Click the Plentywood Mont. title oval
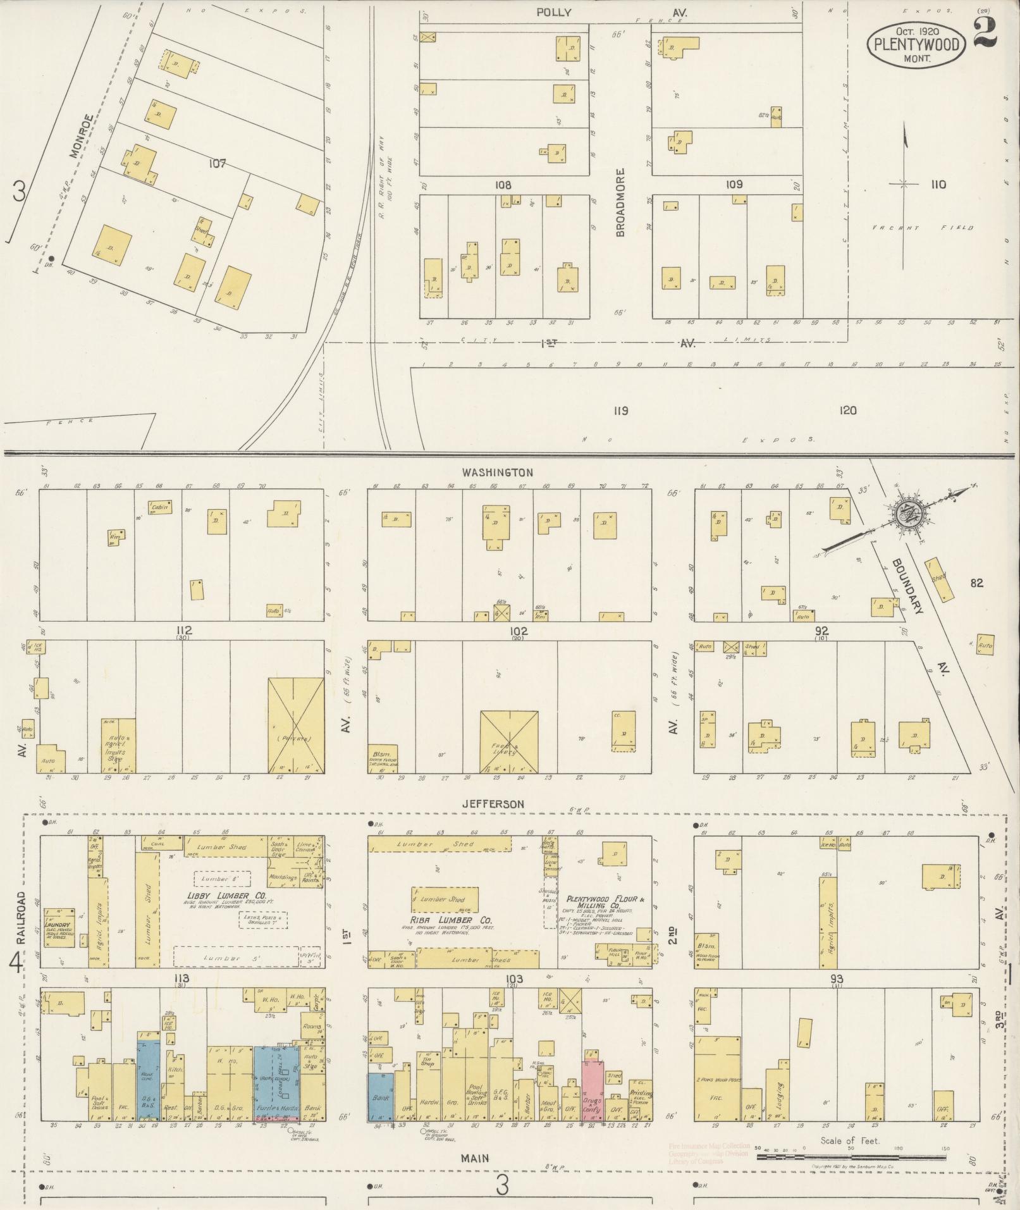[916, 44]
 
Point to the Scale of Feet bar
[851, 1156]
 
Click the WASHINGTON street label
[496, 472]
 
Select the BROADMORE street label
[620, 202]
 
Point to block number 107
[217, 164]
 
